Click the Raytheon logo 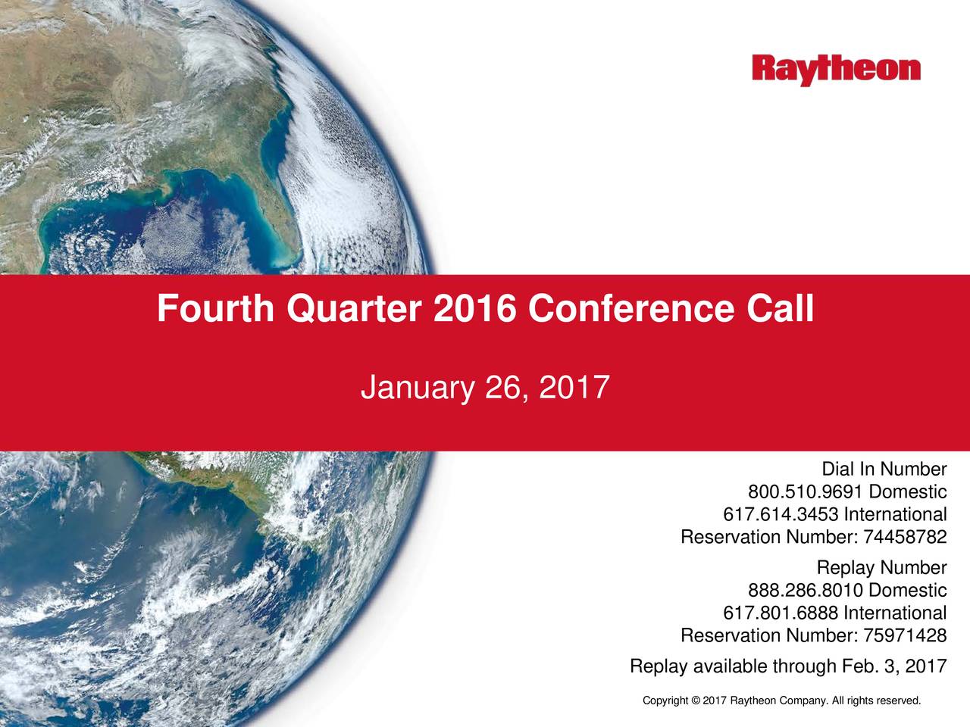[837, 70]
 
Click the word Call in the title [780, 309]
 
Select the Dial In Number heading [884, 470]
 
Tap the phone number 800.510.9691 [806, 493]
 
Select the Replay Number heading [881, 568]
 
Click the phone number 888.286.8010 [806, 591]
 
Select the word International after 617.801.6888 [895, 613]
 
